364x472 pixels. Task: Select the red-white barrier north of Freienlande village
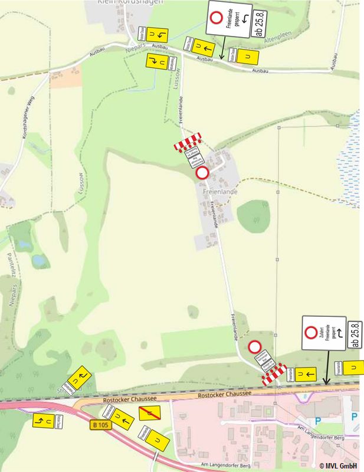(188, 142)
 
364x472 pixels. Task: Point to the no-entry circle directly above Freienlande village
(202, 173)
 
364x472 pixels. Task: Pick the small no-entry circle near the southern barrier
(255, 347)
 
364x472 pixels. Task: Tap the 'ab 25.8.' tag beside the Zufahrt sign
(355, 335)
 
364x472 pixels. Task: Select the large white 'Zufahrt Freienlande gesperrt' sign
(323, 333)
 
